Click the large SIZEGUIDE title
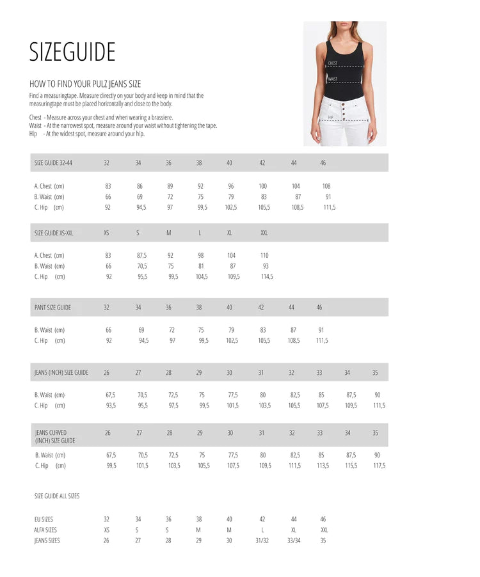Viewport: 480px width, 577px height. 72,52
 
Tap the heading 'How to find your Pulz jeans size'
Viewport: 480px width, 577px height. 85,84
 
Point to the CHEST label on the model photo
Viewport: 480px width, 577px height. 333,63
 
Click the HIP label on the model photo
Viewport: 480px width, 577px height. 330,118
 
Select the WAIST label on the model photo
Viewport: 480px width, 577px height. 333,79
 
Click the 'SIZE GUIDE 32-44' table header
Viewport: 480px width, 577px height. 53,163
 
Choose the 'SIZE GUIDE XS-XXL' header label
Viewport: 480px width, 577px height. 54,233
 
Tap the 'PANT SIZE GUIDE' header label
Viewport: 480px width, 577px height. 52,308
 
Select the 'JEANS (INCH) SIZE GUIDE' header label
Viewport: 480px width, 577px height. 61,372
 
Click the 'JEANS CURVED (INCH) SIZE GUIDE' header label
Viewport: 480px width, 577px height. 55,437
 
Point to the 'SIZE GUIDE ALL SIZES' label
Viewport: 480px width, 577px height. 57,496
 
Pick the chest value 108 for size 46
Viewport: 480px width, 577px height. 326,186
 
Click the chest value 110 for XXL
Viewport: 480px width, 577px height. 264,255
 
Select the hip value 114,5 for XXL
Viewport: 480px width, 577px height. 267,277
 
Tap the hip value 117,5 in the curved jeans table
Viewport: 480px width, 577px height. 379,466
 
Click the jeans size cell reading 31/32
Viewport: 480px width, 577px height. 262,541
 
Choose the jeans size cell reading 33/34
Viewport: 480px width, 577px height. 294,541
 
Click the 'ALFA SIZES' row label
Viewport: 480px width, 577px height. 45,530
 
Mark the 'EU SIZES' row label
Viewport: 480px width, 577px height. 44,519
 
